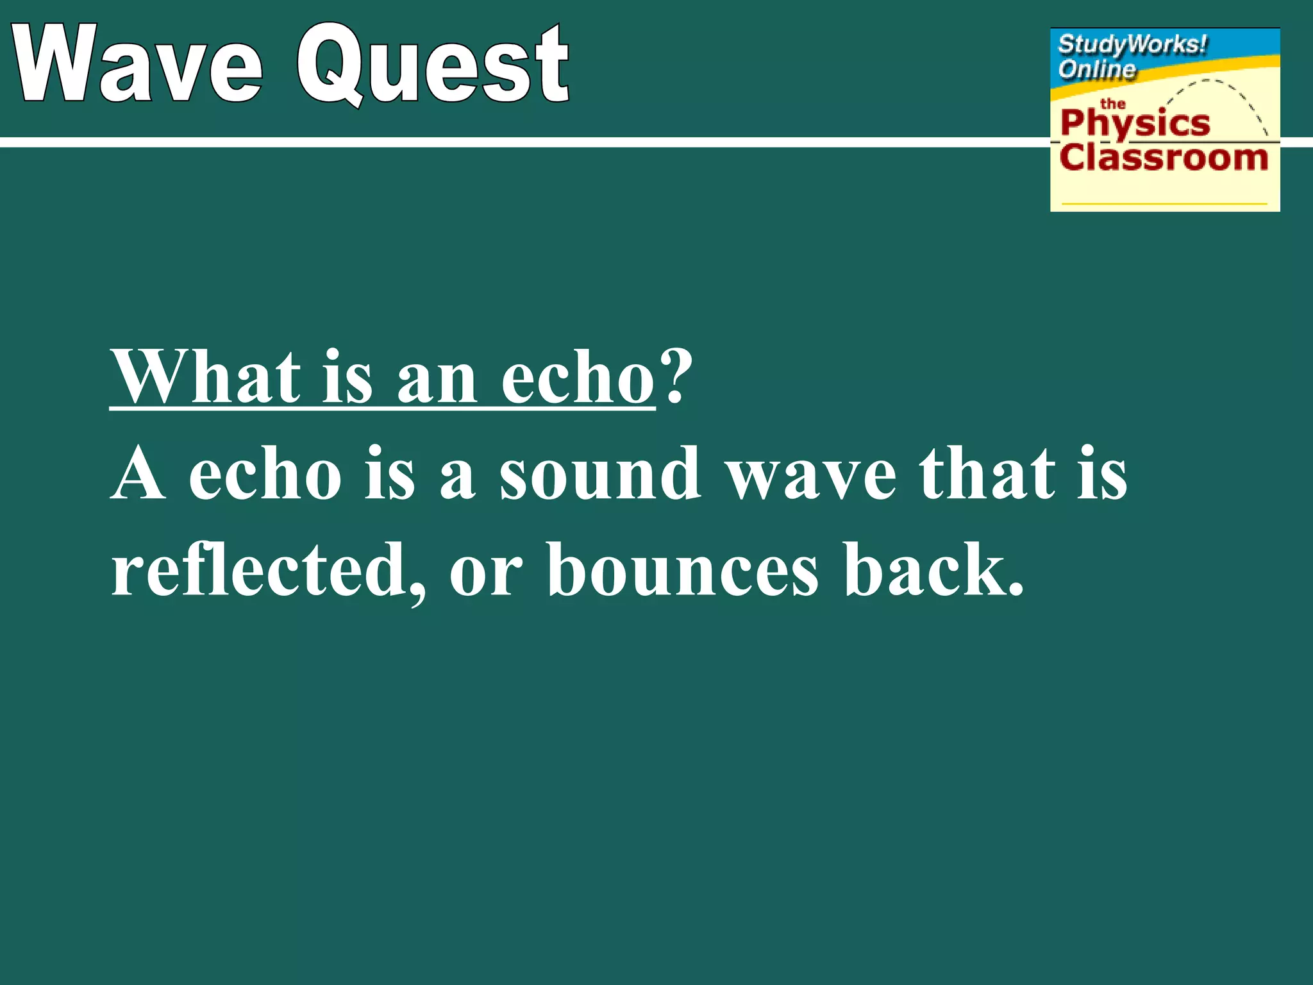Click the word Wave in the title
click(x=138, y=64)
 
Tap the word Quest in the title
click(x=433, y=64)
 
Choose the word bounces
click(x=683, y=569)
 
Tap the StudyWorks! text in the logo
click(x=1132, y=45)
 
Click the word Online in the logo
click(x=1096, y=69)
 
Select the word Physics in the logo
click(x=1135, y=124)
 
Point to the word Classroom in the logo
click(x=1164, y=158)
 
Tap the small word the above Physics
click(x=1113, y=103)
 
